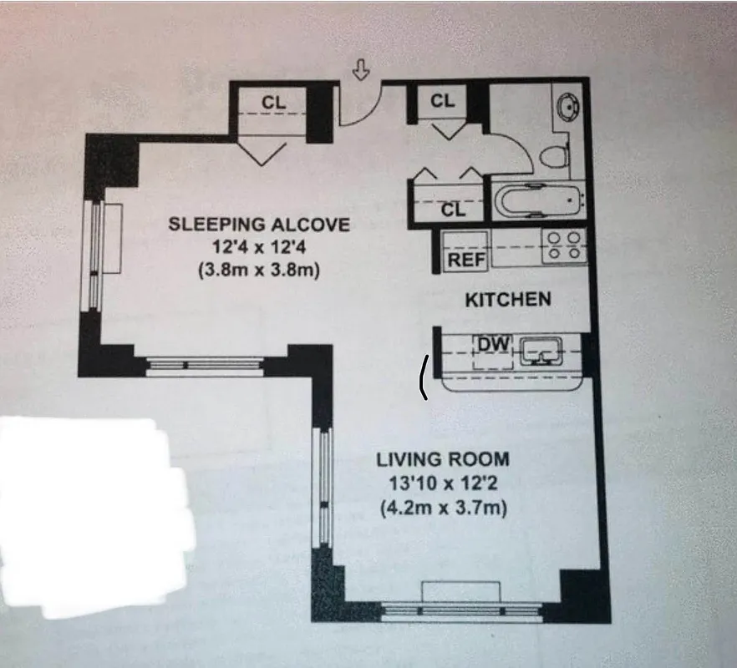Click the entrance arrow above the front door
361,71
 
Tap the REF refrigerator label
467,260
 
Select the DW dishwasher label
486,343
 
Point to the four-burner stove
565,246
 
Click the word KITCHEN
507,299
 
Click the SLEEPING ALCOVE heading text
259,224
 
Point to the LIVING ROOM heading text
442,459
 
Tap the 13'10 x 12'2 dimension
442,483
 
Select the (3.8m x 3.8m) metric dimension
259,271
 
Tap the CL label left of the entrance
273,102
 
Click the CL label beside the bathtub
452,210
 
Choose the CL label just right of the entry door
443,101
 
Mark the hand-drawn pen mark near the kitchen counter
424,376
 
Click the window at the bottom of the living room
461,610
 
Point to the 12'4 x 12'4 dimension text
259,247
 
